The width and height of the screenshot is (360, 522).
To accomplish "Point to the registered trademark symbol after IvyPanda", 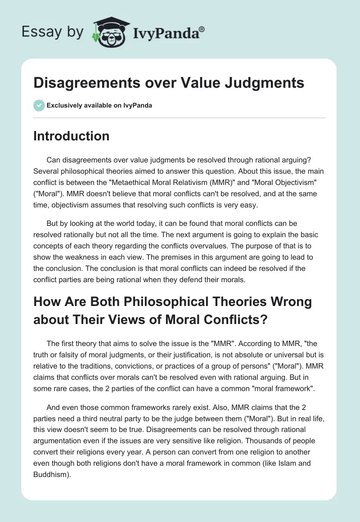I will tap(202, 29).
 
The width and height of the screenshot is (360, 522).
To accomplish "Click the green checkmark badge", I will tap(39, 105).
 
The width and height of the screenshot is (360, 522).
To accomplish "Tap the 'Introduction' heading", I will tap(71, 136).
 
